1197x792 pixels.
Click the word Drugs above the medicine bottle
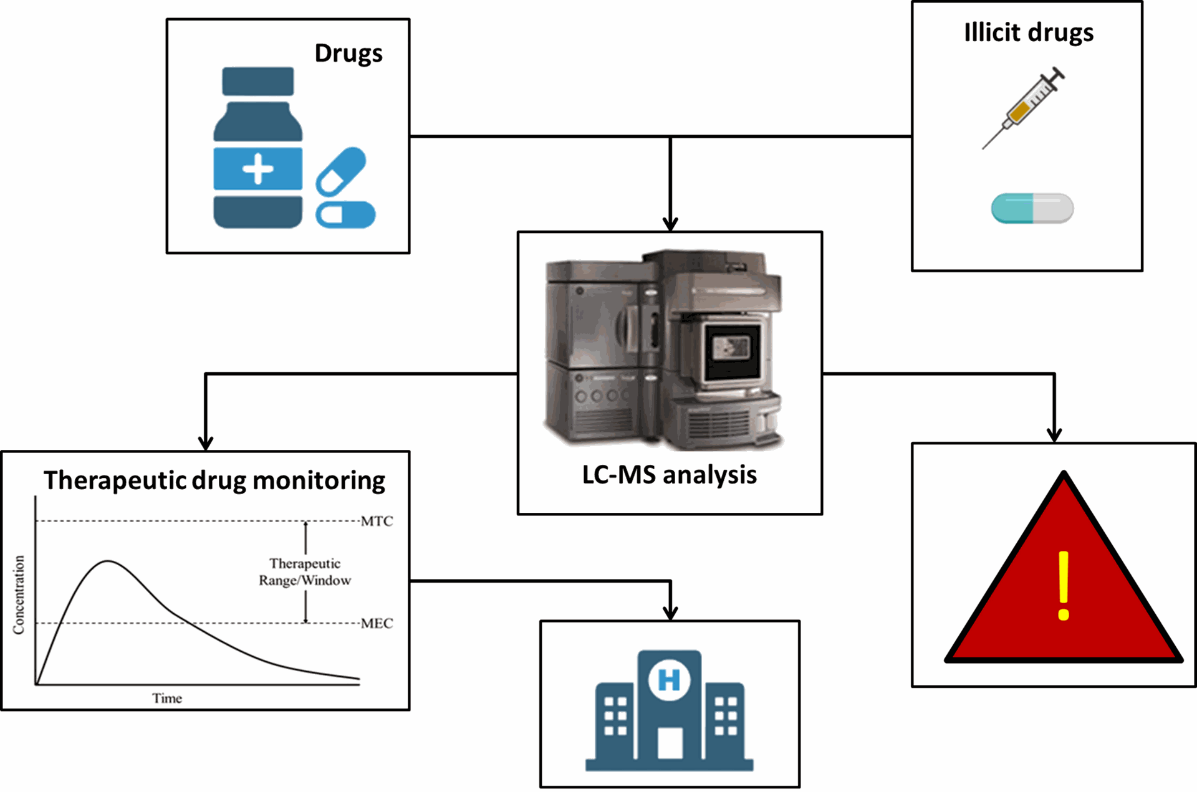click(x=349, y=54)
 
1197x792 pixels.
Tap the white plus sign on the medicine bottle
click(x=257, y=169)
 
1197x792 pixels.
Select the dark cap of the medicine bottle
click(x=257, y=81)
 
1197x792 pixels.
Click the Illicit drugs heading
click(x=1029, y=32)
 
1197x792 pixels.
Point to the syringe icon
click(x=1024, y=108)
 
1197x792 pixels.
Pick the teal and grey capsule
click(x=1032, y=208)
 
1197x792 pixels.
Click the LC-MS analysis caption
click(x=670, y=475)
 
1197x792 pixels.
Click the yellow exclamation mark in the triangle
click(x=1064, y=586)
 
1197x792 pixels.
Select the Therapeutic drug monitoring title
click(x=214, y=481)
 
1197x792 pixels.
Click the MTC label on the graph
click(x=377, y=521)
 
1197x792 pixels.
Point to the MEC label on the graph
click(x=377, y=623)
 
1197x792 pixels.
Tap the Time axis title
click(x=167, y=699)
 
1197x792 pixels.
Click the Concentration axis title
click(x=19, y=595)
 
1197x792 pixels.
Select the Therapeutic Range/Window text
click(x=305, y=572)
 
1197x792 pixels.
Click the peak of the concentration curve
click(x=108, y=561)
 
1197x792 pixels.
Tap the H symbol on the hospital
click(x=670, y=680)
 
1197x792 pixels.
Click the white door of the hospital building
click(x=670, y=743)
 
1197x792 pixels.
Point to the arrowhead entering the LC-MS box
click(x=670, y=224)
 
